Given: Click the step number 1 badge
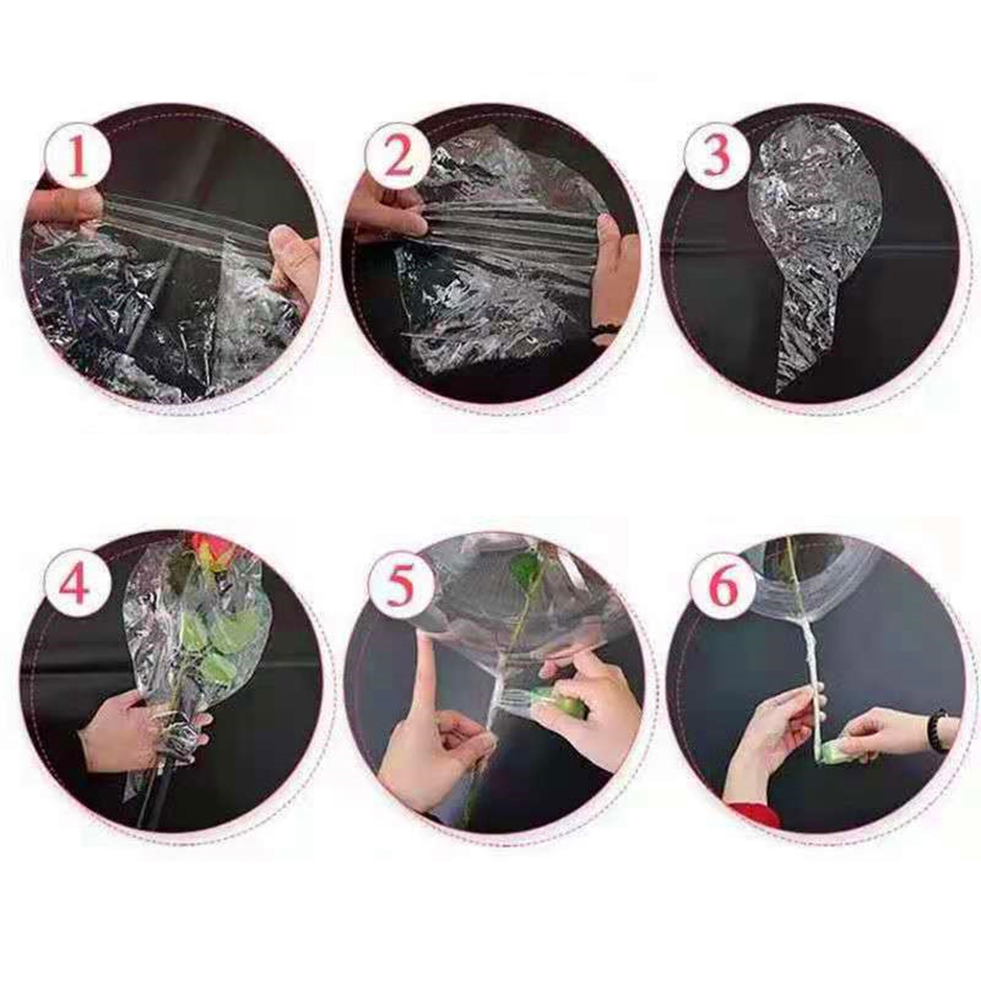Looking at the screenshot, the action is click(x=79, y=156).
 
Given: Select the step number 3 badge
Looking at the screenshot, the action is click(x=716, y=156).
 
